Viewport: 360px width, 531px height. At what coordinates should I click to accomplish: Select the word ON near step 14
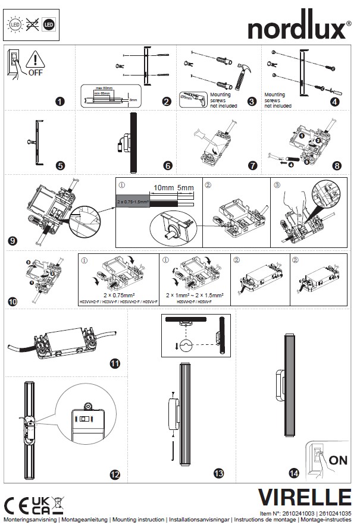(x=337, y=460)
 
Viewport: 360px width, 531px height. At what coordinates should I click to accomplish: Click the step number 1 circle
(x=60, y=101)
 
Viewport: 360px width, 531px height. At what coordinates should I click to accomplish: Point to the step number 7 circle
(x=253, y=165)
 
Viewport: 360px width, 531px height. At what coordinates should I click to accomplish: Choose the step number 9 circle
(x=12, y=241)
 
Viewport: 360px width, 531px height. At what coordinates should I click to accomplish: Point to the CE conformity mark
(x=17, y=502)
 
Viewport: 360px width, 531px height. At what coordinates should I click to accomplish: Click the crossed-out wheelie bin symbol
(x=58, y=502)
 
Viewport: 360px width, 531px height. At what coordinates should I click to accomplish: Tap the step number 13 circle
(x=218, y=473)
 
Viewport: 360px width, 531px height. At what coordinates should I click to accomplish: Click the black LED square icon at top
(x=49, y=26)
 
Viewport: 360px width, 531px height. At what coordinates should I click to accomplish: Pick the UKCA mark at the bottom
(x=40, y=502)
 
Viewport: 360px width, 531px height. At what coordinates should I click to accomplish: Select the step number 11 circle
(x=115, y=363)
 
